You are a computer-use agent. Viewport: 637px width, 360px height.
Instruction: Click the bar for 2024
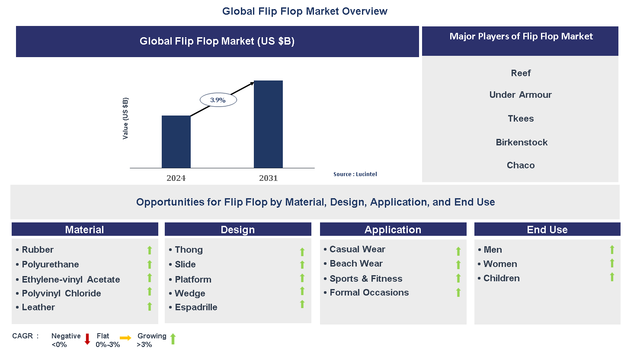(x=176, y=141)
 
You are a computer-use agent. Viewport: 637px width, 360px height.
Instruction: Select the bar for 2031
(x=268, y=124)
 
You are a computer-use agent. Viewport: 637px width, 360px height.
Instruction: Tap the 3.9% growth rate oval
(x=218, y=100)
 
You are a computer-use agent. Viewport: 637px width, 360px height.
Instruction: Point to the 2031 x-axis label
(x=268, y=178)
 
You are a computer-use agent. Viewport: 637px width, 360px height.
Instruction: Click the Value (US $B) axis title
(x=125, y=118)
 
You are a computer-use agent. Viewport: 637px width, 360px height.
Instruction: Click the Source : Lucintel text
(x=355, y=174)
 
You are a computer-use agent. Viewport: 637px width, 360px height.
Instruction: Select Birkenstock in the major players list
(x=521, y=142)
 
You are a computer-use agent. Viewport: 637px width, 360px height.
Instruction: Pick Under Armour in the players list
(x=520, y=95)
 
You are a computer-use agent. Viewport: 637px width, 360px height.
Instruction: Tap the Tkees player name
(x=520, y=119)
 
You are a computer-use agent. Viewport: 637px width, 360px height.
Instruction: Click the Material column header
(x=85, y=230)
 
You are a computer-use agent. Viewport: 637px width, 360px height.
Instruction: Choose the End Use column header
(x=547, y=230)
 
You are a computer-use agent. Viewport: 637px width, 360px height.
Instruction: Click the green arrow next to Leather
(x=150, y=306)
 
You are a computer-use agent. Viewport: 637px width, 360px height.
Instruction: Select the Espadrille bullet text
(x=196, y=307)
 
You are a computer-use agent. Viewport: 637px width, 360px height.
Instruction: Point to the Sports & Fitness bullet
(x=366, y=279)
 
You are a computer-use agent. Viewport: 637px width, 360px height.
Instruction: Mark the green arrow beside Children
(x=612, y=277)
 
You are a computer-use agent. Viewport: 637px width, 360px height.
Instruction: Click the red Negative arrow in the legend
(x=87, y=339)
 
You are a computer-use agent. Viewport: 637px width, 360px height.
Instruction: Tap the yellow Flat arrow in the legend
(x=125, y=338)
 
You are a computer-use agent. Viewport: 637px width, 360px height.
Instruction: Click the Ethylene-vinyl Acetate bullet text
(x=71, y=280)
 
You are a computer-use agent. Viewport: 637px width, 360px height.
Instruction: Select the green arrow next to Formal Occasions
(x=458, y=292)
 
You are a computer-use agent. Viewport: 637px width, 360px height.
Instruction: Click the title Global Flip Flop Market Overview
(x=304, y=11)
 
